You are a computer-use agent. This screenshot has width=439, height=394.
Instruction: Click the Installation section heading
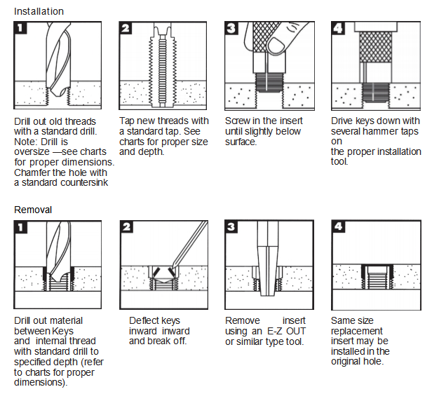(x=39, y=11)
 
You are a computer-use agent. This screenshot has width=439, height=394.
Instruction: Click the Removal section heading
(x=32, y=209)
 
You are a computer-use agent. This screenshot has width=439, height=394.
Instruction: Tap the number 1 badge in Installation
(x=22, y=29)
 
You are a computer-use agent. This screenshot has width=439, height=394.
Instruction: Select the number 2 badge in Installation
(x=128, y=29)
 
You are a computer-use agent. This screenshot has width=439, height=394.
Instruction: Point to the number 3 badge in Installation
(x=232, y=29)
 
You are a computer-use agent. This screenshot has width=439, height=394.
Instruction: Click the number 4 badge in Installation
(x=339, y=29)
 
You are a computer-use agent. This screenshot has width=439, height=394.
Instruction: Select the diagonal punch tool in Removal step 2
(x=190, y=245)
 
